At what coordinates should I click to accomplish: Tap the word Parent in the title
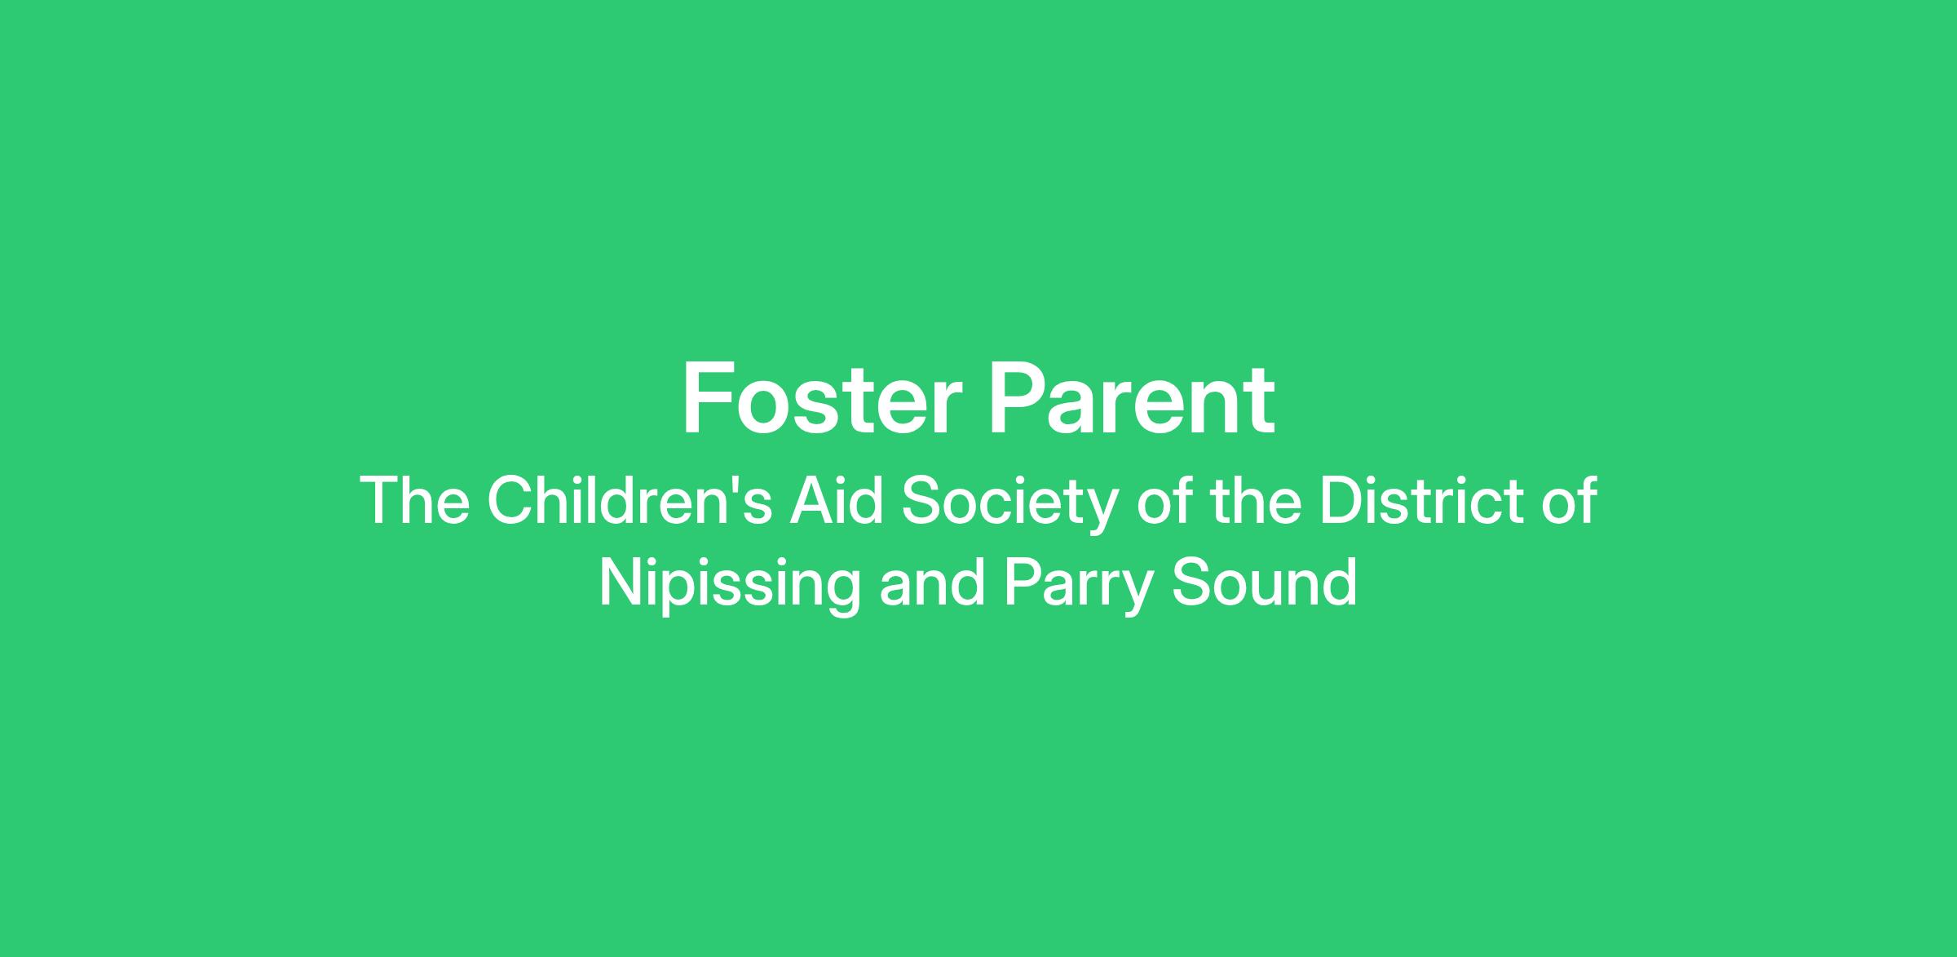pyautogui.click(x=1132, y=400)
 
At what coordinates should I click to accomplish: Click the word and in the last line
pyautogui.click(x=932, y=583)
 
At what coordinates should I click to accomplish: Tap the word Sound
pyautogui.click(x=1265, y=583)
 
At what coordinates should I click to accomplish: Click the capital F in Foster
pyautogui.click(x=706, y=399)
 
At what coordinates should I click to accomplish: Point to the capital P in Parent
pyautogui.click(x=1017, y=399)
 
